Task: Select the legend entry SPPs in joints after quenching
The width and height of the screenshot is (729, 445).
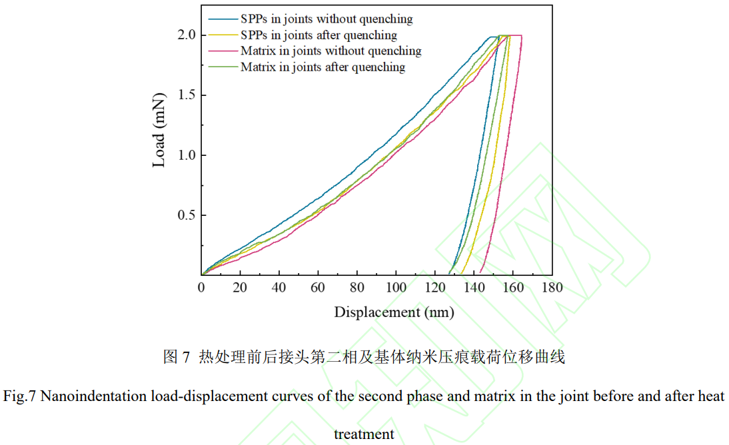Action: click(319, 35)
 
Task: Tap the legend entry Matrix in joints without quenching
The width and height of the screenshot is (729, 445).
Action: click(331, 51)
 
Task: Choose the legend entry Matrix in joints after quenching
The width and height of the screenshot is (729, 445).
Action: click(323, 67)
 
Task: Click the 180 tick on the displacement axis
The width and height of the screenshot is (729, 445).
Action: click(552, 288)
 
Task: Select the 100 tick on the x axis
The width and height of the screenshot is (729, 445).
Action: click(396, 288)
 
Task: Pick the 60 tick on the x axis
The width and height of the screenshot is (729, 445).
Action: click(318, 288)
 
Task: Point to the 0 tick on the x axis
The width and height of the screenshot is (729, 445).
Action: click(201, 288)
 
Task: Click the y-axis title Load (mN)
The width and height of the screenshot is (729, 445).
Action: click(159, 131)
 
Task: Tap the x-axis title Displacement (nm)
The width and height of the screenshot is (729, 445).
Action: click(394, 312)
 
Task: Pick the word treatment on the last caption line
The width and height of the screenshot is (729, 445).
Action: click(364, 434)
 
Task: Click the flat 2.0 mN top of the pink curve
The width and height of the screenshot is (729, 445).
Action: click(516, 35)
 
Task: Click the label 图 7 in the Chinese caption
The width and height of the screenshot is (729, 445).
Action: click(176, 357)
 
